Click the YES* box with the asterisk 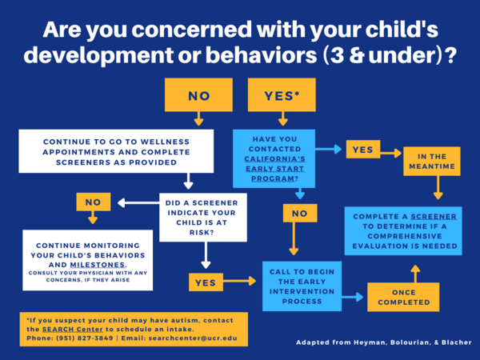[282, 96]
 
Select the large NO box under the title [198, 96]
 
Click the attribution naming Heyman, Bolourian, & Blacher [384, 342]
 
